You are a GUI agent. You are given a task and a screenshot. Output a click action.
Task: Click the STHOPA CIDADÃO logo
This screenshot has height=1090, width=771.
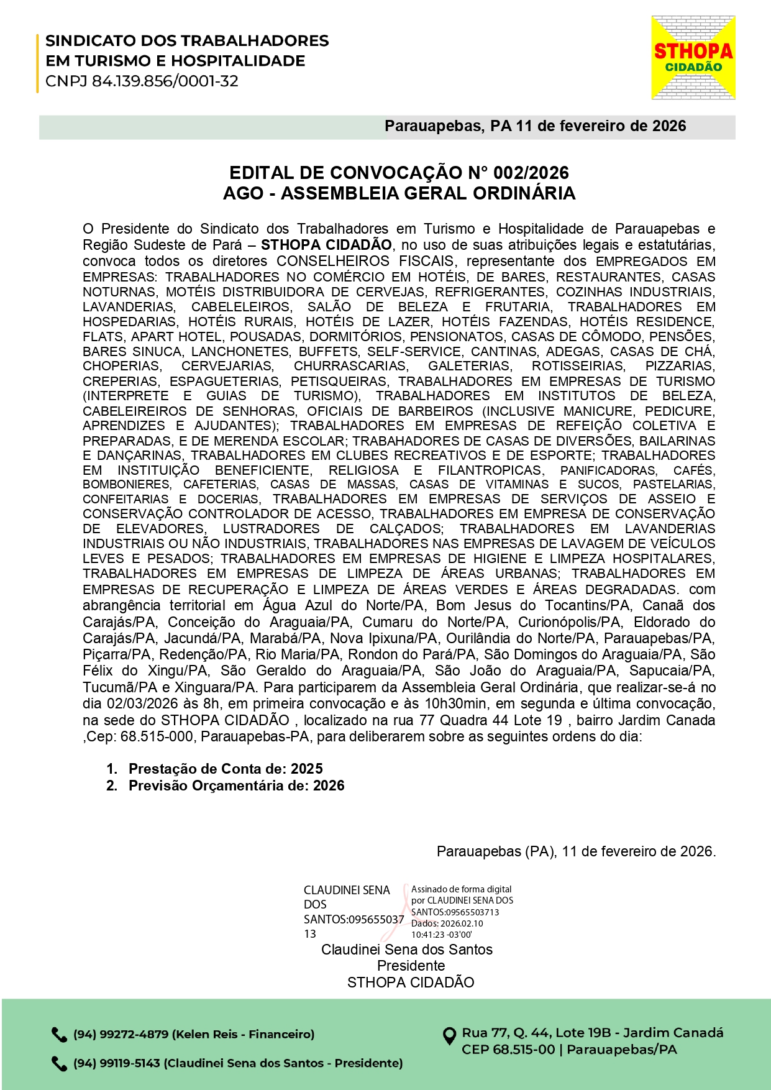[693, 58]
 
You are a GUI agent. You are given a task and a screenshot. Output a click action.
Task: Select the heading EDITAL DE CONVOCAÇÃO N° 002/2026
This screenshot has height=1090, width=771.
[399, 173]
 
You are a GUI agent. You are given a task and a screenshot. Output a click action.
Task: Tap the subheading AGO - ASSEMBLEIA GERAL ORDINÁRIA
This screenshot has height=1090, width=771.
[399, 193]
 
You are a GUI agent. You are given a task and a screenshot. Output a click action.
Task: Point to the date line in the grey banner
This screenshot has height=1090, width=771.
[535, 126]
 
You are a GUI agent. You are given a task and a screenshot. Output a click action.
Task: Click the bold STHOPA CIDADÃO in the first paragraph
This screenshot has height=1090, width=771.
[326, 245]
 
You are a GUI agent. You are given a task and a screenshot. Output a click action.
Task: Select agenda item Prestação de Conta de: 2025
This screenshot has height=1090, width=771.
[226, 769]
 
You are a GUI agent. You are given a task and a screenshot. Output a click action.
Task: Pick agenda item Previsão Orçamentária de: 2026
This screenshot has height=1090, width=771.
[236, 785]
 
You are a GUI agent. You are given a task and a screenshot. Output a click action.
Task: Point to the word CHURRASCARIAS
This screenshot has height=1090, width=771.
[350, 366]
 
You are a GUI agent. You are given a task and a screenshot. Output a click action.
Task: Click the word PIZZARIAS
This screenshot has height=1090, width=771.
[680, 366]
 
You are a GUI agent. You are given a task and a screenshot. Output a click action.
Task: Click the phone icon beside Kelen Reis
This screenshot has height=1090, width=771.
[59, 1035]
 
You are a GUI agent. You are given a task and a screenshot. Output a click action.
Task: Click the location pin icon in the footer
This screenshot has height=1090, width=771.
[449, 1036]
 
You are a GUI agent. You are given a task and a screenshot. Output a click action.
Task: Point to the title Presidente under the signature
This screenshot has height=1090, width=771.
[411, 966]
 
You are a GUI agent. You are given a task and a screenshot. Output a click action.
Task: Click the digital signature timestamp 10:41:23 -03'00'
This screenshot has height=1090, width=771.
[441, 935]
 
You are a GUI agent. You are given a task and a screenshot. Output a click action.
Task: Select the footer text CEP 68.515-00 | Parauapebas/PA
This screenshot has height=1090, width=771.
[568, 1050]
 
